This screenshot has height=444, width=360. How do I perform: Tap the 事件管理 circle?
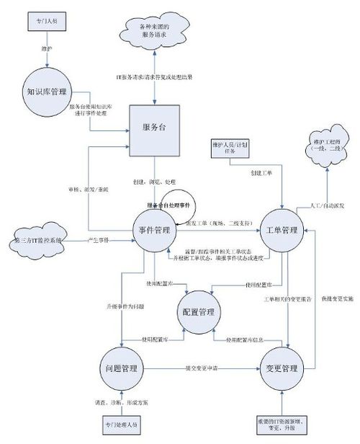point(153,231)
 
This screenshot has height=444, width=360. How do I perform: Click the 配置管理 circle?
point(197,312)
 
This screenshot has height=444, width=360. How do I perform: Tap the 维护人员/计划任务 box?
point(230,148)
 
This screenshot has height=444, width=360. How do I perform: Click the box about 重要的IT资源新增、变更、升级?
point(281,424)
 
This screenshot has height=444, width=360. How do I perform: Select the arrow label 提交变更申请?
point(203,368)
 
